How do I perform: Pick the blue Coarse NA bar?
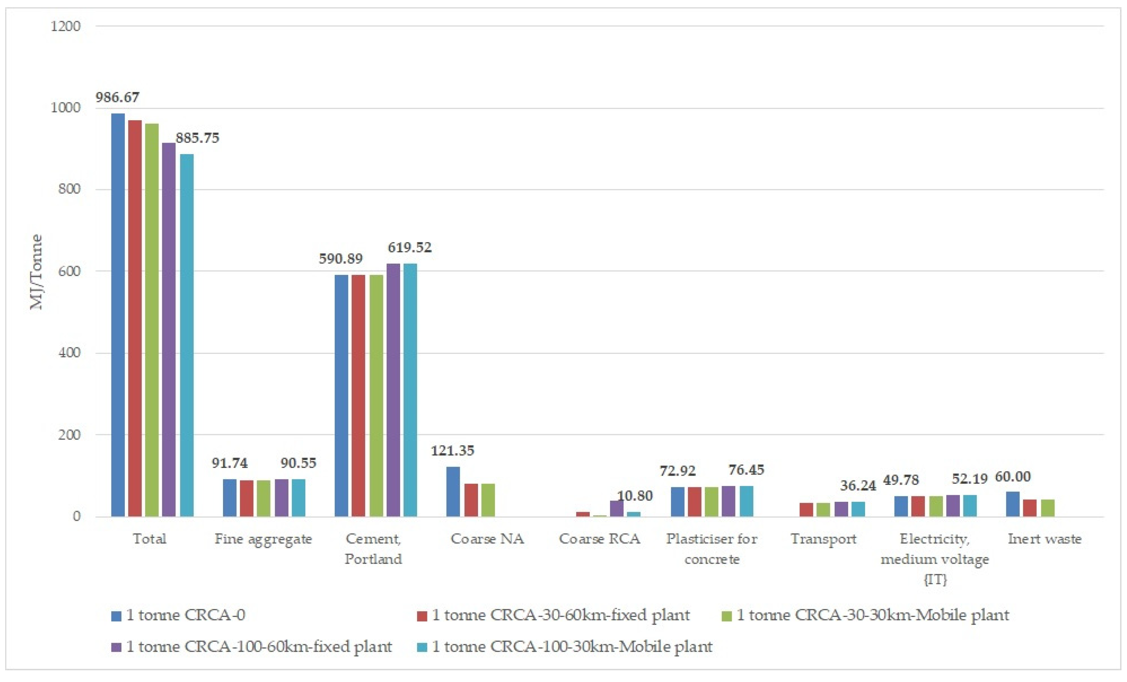453,491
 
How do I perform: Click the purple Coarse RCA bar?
617,508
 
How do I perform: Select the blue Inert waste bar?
1013,504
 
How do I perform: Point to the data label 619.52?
409,247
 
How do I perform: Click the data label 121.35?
453,450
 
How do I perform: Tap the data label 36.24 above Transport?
857,485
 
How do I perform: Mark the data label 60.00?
1013,477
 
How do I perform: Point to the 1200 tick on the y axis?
65,26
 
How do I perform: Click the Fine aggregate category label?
263,539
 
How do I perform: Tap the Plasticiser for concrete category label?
712,548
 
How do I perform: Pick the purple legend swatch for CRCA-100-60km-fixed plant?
116,647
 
